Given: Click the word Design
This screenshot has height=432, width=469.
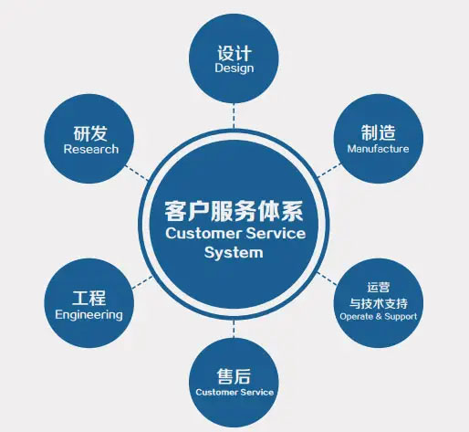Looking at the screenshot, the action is (234, 68).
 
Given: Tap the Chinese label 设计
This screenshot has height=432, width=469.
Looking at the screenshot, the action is (234, 53).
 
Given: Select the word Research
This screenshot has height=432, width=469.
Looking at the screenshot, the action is (91, 149).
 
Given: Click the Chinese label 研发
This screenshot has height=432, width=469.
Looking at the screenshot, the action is (90, 133).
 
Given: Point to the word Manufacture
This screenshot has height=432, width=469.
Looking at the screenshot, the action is (378, 149).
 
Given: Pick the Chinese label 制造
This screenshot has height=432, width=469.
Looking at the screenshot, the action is (378, 132).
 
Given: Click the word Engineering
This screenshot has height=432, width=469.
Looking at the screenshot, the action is (89, 315).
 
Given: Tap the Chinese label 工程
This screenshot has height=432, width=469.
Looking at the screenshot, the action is (89, 298).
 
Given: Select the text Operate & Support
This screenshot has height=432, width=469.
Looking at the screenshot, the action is (378, 317).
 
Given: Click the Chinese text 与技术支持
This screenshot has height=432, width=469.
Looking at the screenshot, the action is (379, 303).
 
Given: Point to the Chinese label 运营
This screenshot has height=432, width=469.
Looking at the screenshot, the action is (378, 287).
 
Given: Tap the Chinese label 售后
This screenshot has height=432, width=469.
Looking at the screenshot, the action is (234, 376).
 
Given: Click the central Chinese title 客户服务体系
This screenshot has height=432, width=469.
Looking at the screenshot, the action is (234, 211).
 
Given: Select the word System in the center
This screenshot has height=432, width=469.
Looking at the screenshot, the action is (234, 252).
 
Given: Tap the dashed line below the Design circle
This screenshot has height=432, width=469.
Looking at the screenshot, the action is (234, 116).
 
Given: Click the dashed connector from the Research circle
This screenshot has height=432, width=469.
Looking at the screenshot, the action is (137, 173).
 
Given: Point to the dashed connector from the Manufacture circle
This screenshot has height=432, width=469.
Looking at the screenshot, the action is (329, 171).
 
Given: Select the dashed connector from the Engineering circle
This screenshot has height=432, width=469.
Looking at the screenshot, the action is (142, 282).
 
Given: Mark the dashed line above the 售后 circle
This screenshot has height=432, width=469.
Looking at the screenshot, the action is (234, 329).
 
